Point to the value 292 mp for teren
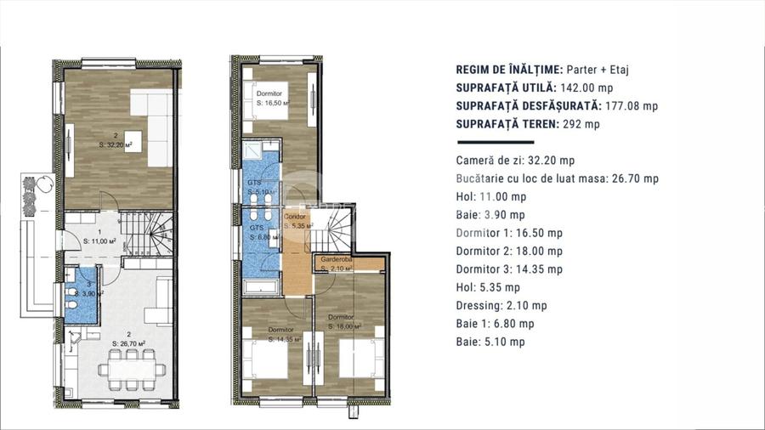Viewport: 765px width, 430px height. [581, 124]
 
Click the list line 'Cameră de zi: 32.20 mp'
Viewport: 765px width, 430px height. [515, 160]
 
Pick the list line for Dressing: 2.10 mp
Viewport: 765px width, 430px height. [501, 306]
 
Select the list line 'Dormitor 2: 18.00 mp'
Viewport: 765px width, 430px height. [509, 251]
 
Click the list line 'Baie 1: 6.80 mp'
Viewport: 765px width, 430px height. [495, 324]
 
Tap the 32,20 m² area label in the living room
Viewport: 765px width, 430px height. [116, 144]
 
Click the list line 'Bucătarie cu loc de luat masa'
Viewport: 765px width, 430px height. [557, 178]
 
